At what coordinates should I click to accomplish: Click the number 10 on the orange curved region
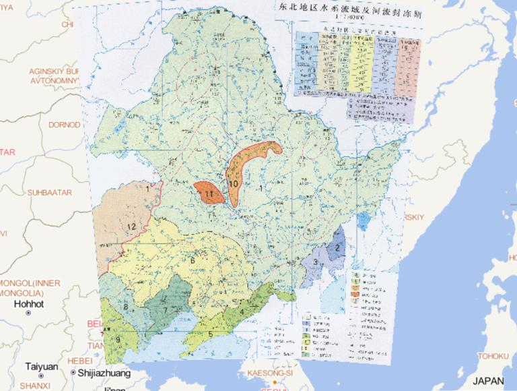(233, 183)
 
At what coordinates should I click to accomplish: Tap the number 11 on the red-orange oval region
(210, 195)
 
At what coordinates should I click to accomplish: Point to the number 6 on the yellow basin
(193, 261)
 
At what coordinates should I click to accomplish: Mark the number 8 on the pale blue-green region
(127, 308)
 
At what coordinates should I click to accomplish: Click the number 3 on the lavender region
(315, 262)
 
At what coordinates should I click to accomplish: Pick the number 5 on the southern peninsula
(211, 333)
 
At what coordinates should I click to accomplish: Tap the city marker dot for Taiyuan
(40, 375)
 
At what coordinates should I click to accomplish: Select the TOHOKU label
(495, 356)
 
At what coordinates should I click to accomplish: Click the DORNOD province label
(64, 125)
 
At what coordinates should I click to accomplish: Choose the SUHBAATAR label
(49, 193)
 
